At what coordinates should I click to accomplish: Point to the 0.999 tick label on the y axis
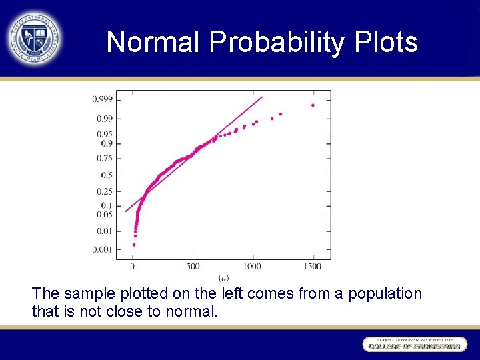point(102,99)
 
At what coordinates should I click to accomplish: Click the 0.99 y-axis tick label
point(104,119)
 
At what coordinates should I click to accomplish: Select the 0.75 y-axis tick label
point(104,158)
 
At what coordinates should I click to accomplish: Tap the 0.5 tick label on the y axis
point(106,175)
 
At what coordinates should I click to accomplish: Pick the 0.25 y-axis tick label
point(104,191)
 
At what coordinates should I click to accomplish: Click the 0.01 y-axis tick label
point(104,231)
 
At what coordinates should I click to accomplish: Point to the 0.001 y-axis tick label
point(102,249)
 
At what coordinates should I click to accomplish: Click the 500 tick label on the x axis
point(193,267)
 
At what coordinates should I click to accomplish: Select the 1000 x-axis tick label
point(252,267)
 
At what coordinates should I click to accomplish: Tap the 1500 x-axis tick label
point(313,267)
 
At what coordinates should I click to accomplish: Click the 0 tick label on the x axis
point(132,267)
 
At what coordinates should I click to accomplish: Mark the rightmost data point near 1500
point(313,105)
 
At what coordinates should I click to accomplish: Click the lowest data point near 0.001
point(134,245)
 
